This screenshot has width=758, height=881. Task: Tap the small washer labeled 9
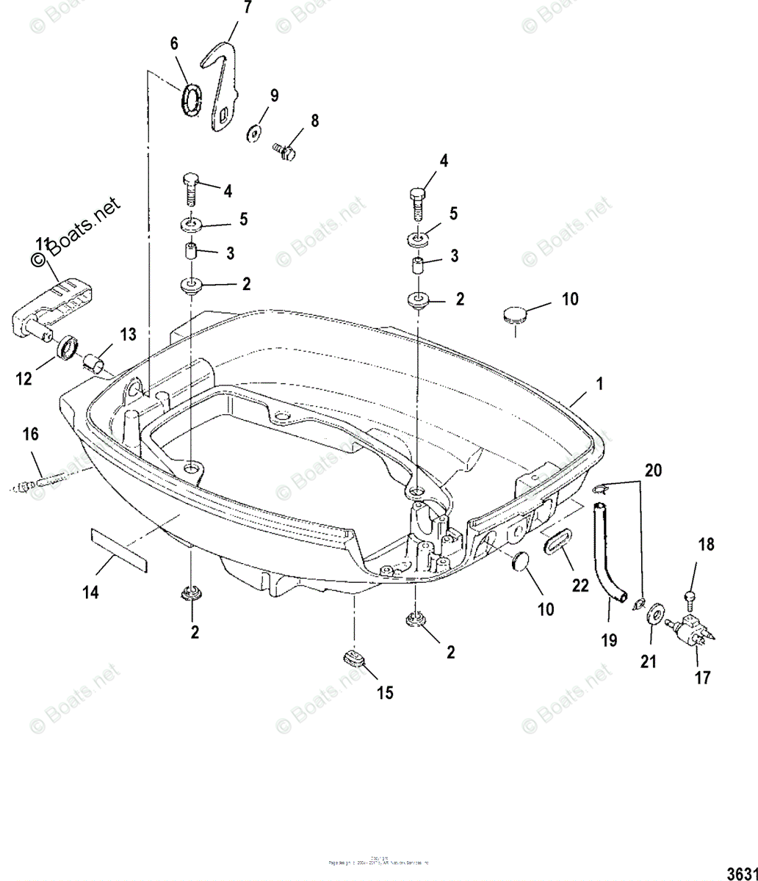click(254, 132)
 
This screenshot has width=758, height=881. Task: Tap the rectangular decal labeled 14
click(118, 546)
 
